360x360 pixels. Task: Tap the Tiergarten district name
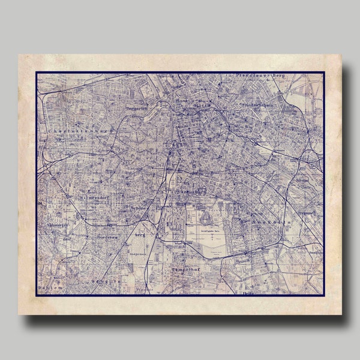click(x=137, y=109)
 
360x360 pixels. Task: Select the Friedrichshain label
click(x=261, y=106)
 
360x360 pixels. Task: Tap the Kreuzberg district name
click(x=190, y=191)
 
